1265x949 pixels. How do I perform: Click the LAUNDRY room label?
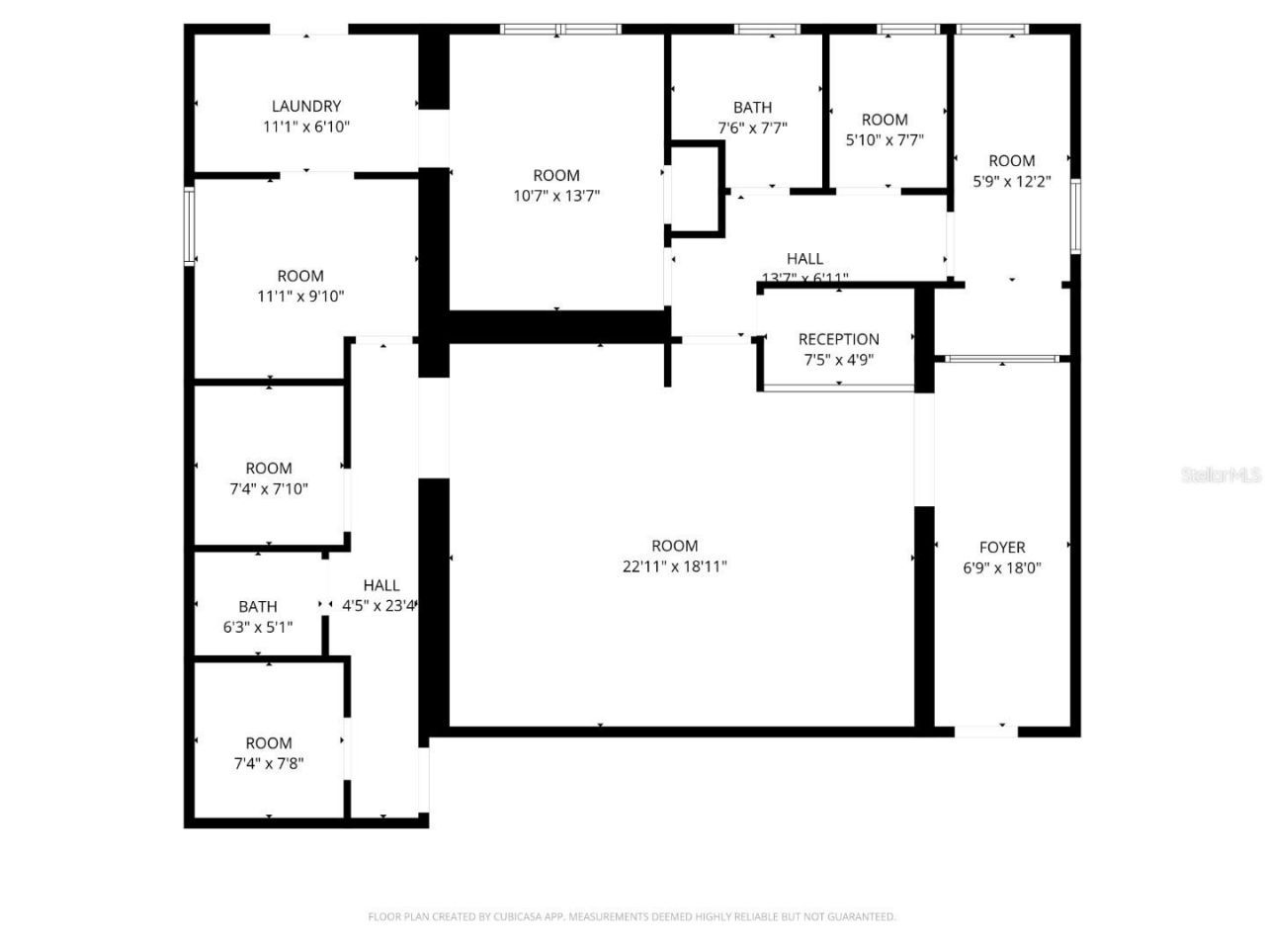[x=306, y=106]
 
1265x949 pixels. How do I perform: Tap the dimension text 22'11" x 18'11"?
[x=675, y=566]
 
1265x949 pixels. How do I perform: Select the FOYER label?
[x=1002, y=547]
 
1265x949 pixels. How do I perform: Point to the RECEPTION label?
[x=838, y=339]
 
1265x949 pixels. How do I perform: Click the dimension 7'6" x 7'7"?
[x=752, y=128]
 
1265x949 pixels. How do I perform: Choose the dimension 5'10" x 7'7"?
[x=885, y=139]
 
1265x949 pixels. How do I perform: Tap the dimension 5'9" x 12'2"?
[x=1012, y=181]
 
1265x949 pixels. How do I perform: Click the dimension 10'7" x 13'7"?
[x=556, y=196]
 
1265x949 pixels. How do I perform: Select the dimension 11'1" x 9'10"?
[x=300, y=296]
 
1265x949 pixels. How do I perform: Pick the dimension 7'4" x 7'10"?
[x=269, y=488]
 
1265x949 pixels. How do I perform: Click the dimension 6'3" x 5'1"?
[x=258, y=627]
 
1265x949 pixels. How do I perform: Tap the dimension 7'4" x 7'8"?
[x=269, y=763]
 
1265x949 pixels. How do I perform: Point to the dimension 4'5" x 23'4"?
[x=379, y=606]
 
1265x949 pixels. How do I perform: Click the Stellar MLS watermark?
[x=1221, y=474]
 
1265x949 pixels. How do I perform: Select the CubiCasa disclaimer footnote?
[x=632, y=916]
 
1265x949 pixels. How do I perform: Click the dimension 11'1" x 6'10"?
[x=306, y=127]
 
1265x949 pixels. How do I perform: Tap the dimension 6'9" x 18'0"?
[x=1002, y=567]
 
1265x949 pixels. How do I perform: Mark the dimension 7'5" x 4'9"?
[x=838, y=360]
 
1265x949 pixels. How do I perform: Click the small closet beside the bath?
[x=696, y=188]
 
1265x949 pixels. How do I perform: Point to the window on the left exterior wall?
[x=190, y=226]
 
